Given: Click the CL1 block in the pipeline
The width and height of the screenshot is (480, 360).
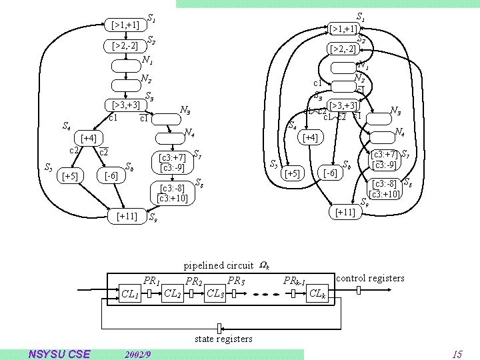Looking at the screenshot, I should (131, 293).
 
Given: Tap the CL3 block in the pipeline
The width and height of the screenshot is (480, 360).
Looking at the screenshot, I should (215, 293).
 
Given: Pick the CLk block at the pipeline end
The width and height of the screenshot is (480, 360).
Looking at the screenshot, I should (319, 293).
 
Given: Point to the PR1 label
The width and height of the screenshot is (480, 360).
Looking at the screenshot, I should (152, 281).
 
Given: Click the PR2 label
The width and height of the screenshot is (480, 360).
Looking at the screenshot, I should (194, 281).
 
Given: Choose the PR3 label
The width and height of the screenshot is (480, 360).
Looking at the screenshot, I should (236, 280).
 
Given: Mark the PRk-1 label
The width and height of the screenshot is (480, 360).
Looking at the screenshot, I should (294, 281).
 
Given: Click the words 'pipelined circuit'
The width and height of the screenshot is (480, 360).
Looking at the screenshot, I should (219, 265).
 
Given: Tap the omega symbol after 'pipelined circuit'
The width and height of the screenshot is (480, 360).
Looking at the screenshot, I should (264, 265).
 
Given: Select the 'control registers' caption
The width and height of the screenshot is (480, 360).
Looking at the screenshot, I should (371, 277).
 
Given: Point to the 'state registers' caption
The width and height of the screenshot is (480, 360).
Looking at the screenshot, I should (223, 339).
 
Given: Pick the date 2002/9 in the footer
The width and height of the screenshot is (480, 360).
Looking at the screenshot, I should (138, 353).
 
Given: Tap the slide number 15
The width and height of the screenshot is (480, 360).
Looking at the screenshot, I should (457, 354).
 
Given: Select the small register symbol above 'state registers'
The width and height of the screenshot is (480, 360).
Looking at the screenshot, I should (219, 327).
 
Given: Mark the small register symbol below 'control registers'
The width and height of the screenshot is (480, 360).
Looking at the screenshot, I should (357, 291).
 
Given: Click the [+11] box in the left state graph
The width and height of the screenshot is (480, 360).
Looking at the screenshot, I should (127, 216).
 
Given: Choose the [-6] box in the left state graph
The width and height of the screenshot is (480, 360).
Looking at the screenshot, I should (111, 176).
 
